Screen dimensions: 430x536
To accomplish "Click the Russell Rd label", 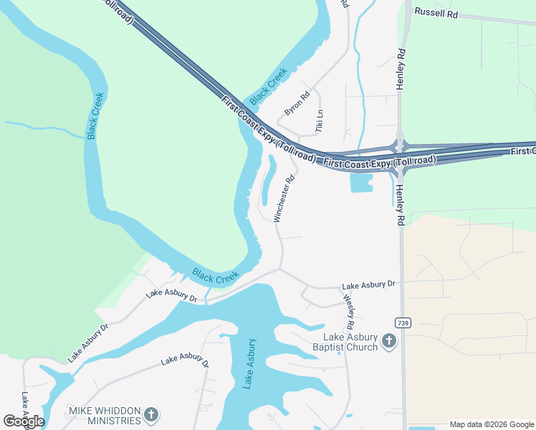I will coord(436,14).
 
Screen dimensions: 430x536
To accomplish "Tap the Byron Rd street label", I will coord(296,103).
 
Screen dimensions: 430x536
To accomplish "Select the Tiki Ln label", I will coord(320,120).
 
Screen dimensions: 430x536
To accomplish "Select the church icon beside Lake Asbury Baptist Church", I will coord(388,341).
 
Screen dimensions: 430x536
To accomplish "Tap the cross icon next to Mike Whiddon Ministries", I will coord(150,414).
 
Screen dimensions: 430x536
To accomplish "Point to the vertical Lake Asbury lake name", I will coord(249,363).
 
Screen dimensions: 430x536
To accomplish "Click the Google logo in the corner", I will coord(23,421).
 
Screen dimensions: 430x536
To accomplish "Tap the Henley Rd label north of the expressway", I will coord(401,69).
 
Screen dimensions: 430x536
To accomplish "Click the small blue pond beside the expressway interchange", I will coord(361,183).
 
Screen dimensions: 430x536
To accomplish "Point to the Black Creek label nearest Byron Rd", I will coord(269,84).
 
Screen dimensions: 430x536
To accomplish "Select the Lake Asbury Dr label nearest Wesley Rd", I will coord(368,285).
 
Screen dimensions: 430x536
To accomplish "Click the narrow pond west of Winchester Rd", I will coord(267,183).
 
